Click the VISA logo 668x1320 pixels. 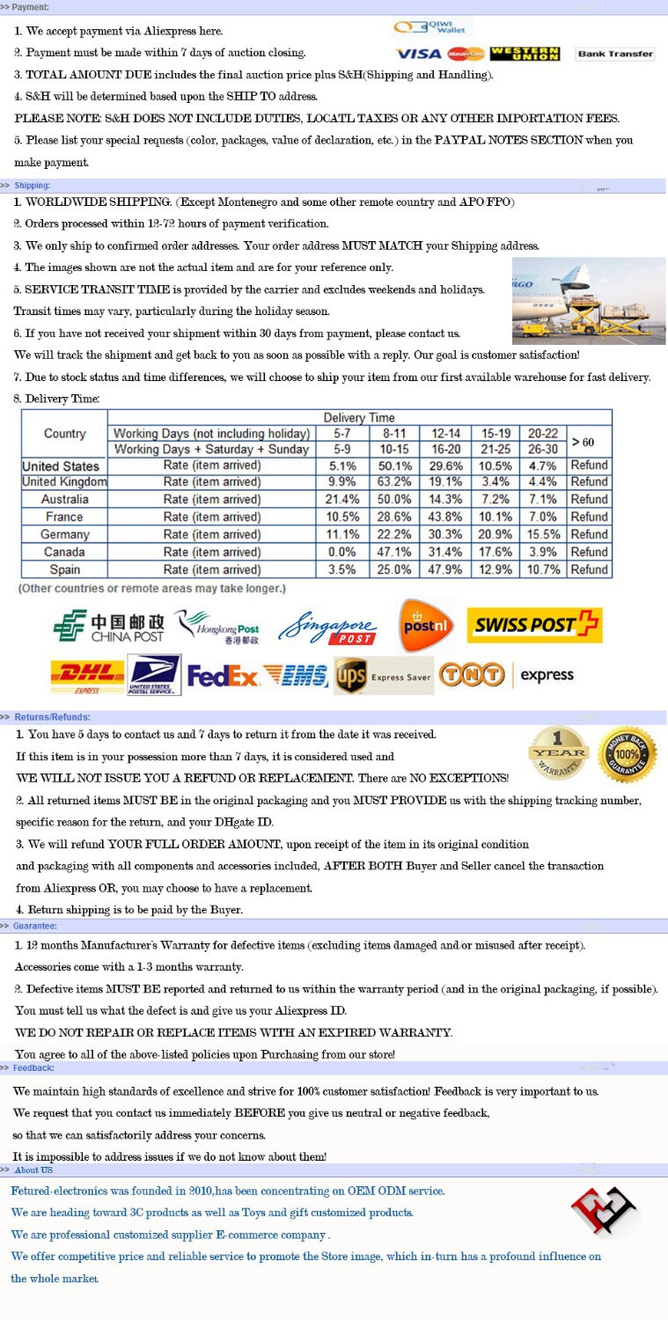[x=418, y=55]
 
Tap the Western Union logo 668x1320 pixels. [x=525, y=54]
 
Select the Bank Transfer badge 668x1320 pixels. [x=615, y=54]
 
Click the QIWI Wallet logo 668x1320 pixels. [x=432, y=28]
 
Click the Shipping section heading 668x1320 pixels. [x=32, y=186]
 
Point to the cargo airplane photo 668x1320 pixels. [x=588, y=300]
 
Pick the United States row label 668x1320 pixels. [x=61, y=466]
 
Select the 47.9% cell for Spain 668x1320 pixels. [x=442, y=569]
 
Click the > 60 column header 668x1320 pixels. [x=589, y=441]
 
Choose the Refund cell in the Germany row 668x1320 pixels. [x=589, y=534]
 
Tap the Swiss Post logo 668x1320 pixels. [x=533, y=626]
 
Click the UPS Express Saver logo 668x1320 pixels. [x=383, y=676]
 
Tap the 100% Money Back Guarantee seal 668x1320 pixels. [x=627, y=754]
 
